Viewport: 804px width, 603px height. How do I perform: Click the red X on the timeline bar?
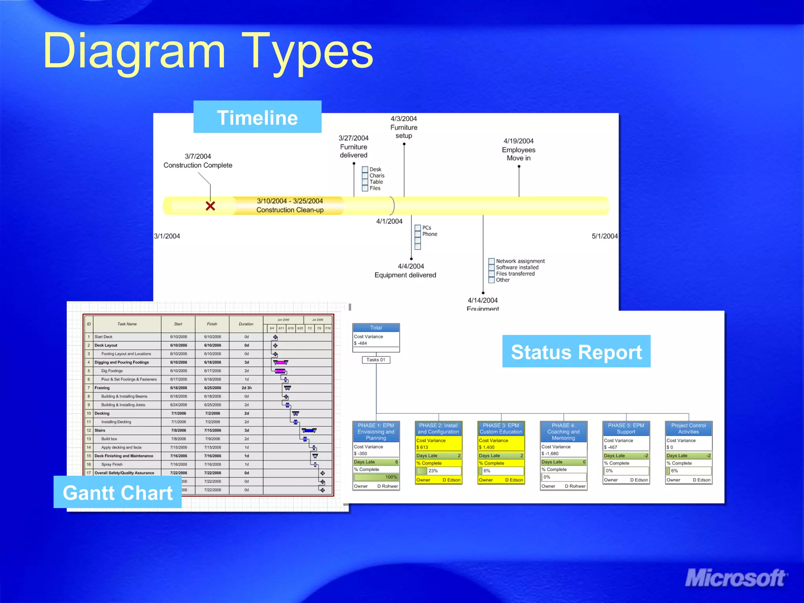tap(210, 206)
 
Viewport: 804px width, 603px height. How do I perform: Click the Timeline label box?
tap(257, 117)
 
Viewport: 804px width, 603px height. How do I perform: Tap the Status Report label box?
tap(576, 351)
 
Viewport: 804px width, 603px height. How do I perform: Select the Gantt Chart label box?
tap(117, 492)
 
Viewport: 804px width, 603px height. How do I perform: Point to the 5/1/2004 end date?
tap(604, 236)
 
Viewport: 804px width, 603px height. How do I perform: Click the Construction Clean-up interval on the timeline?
tap(290, 205)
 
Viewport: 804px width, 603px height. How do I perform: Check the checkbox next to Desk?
tap(365, 170)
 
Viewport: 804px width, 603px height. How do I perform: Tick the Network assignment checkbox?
tap(491, 261)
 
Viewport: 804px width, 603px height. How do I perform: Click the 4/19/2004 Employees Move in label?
tap(518, 150)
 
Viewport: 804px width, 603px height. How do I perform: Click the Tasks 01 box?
tap(376, 360)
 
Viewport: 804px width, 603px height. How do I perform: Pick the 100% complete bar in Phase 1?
tap(376, 477)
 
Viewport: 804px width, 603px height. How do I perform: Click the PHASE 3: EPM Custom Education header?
tap(501, 428)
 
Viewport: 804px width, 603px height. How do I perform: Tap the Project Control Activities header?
tap(688, 428)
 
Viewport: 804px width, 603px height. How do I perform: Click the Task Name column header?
tap(127, 324)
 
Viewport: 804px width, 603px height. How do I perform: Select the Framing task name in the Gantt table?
tap(102, 388)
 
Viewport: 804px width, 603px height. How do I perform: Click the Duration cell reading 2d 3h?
tap(247, 388)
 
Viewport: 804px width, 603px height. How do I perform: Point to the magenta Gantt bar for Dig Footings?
tap(280, 371)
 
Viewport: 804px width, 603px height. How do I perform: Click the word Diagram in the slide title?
tap(134, 51)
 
